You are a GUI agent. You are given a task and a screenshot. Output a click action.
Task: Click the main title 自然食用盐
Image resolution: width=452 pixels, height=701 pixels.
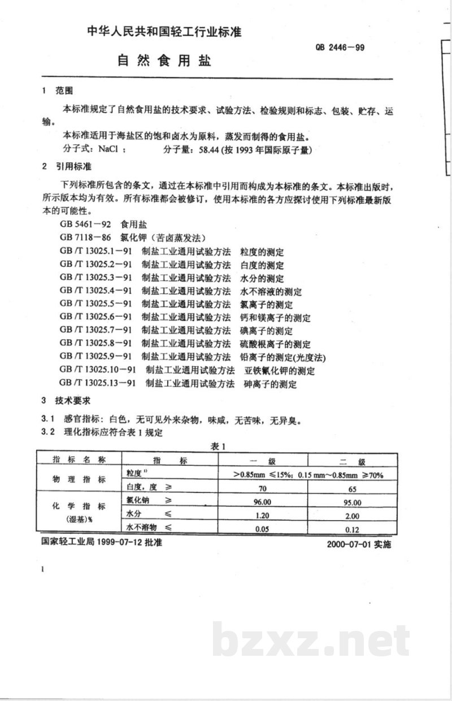pyautogui.click(x=164, y=61)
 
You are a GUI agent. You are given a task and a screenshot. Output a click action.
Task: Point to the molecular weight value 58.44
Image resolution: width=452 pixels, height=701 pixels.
pyautogui.click(x=208, y=150)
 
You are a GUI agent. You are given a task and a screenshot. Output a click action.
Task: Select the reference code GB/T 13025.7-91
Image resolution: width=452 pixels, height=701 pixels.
pyautogui.click(x=95, y=330)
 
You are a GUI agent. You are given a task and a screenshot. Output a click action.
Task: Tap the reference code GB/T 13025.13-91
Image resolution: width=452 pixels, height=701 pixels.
pyautogui.click(x=98, y=384)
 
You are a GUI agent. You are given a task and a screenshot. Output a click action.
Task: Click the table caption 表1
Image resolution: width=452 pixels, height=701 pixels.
pyautogui.click(x=219, y=447)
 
